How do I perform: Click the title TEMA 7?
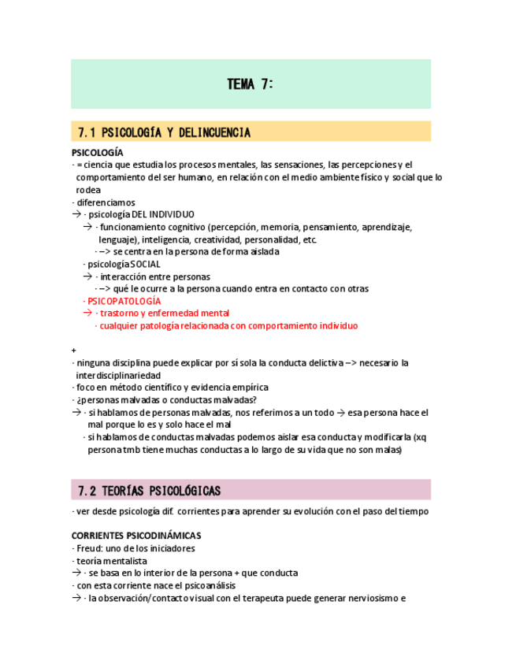point(251,84)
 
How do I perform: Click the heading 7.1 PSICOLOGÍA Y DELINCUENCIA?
point(165,132)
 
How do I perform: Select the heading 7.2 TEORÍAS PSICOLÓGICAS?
point(149,491)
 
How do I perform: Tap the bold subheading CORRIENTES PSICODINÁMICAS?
point(135,536)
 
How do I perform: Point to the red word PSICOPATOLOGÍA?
point(124,301)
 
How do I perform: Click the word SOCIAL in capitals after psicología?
point(145,264)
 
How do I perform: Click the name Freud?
point(87,548)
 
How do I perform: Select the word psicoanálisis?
point(207,585)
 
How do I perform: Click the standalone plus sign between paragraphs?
point(74,350)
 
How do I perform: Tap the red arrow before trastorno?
point(87,313)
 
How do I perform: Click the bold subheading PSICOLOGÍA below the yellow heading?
point(97,152)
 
